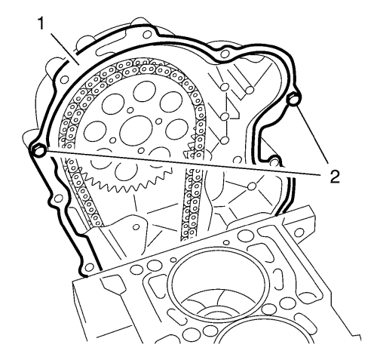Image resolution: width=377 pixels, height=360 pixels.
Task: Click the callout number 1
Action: tap(41, 24)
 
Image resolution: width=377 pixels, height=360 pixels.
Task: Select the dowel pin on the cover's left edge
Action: tap(38, 150)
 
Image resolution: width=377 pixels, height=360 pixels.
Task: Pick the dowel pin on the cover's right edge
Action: tap(293, 100)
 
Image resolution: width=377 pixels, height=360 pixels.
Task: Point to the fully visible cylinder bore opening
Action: tap(216, 288)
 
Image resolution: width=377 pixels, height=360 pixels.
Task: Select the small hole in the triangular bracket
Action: tap(136, 227)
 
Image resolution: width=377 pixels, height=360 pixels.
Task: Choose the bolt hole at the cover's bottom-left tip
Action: tap(88, 267)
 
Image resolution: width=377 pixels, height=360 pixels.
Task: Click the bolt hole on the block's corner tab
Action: tap(299, 232)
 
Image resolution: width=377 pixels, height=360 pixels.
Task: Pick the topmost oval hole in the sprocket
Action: tap(145, 92)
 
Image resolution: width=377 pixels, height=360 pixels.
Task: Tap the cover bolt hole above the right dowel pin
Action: tap(225, 54)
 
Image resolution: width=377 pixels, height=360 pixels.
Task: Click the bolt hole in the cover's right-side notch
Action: tap(274, 162)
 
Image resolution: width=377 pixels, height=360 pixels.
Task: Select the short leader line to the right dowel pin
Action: tap(313, 135)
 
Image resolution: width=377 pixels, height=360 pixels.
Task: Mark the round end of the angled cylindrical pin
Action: tap(250, 90)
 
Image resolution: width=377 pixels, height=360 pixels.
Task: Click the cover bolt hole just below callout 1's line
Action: tap(65, 79)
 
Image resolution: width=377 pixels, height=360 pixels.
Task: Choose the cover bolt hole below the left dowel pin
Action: tap(59, 198)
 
